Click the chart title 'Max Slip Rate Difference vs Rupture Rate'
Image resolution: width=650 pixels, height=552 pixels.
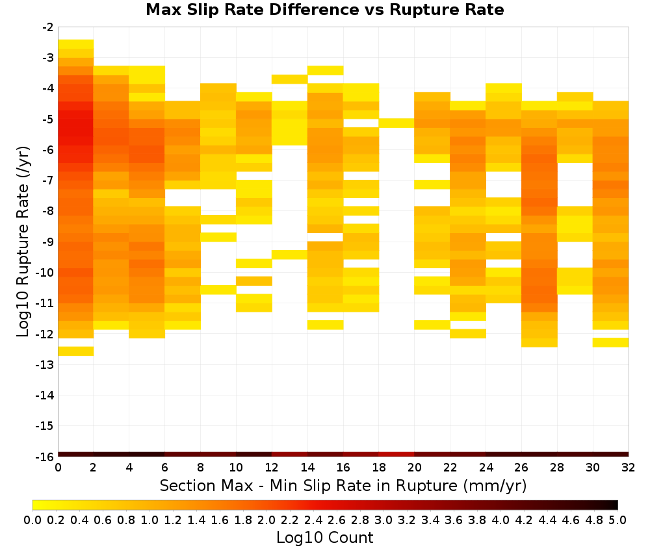(x=324, y=10)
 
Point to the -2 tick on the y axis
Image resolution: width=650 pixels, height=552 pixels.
(x=48, y=27)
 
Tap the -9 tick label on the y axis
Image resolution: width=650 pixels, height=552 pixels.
(x=48, y=242)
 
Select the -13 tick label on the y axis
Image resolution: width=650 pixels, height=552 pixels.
(x=45, y=364)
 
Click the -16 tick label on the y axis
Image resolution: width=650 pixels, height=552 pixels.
(x=45, y=457)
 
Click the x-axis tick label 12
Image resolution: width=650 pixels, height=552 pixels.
(x=272, y=468)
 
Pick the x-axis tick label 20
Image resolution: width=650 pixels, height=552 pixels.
(x=414, y=468)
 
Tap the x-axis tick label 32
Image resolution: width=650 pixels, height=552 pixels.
(x=629, y=468)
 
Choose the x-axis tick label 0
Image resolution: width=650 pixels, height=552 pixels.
(x=58, y=468)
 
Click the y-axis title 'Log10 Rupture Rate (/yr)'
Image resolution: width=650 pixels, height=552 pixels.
(x=23, y=242)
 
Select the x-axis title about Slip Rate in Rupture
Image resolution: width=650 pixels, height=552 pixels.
(x=343, y=485)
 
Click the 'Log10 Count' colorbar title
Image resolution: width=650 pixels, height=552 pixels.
(x=324, y=538)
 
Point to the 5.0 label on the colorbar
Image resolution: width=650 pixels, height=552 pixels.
(x=617, y=520)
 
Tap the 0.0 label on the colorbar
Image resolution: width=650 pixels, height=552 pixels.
(x=32, y=520)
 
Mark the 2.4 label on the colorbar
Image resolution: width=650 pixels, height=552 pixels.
(x=313, y=520)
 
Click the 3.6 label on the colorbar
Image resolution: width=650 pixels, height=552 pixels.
(x=454, y=520)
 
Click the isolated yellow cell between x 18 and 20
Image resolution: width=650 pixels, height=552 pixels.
(x=396, y=123)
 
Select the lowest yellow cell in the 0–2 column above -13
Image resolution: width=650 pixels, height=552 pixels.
(x=76, y=351)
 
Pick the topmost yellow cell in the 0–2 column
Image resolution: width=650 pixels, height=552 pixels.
(x=76, y=44)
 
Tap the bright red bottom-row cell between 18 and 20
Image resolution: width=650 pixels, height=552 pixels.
(x=396, y=455)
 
